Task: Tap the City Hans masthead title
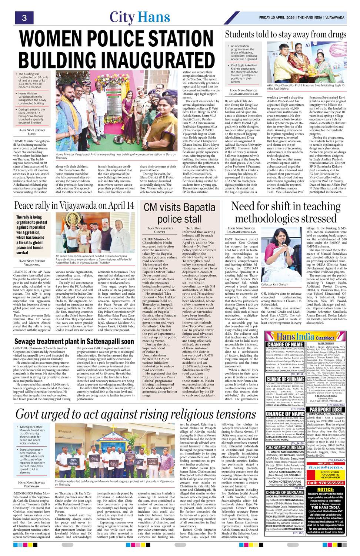point(140,17)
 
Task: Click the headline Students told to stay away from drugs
point(286,34)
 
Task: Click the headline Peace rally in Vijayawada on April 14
point(74,205)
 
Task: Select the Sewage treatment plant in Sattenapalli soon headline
point(74,341)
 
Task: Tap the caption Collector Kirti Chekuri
point(275,284)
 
